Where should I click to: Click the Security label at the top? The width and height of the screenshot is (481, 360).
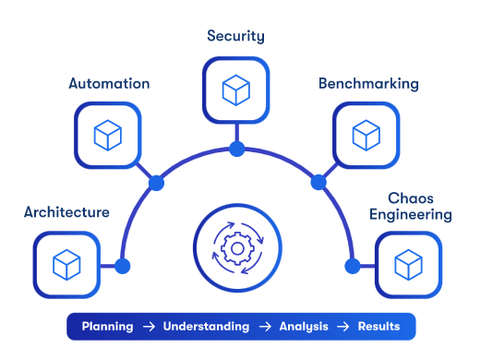[x=235, y=37]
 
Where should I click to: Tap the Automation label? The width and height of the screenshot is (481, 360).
[x=109, y=84]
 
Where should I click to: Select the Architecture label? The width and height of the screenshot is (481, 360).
[x=66, y=212]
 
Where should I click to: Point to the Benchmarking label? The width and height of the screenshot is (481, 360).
[x=368, y=84]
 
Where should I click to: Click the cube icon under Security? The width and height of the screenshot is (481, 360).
[x=235, y=90]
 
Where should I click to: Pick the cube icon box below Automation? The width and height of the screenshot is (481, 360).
[x=109, y=136]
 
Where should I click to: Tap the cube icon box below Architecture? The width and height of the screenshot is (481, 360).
[x=66, y=265]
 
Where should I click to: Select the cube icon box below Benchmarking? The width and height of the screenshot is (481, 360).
[x=366, y=136]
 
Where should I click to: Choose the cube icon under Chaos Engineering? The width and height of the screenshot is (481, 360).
[x=408, y=265]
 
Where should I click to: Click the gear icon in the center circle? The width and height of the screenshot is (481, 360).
[x=236, y=248]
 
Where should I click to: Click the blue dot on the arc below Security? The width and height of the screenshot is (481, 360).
[x=236, y=149]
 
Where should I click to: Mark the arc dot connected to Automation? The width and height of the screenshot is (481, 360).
[x=156, y=183]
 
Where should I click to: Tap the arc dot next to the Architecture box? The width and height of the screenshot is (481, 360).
[x=123, y=266]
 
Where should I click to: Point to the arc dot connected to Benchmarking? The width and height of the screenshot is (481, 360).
[x=319, y=181]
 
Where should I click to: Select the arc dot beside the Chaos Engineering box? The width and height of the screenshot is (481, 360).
[x=352, y=266]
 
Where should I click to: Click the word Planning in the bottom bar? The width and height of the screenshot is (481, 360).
[x=107, y=327]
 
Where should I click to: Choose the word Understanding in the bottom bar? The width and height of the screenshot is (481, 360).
[x=206, y=327]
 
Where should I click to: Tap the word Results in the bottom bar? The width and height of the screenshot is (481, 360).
[x=379, y=327]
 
